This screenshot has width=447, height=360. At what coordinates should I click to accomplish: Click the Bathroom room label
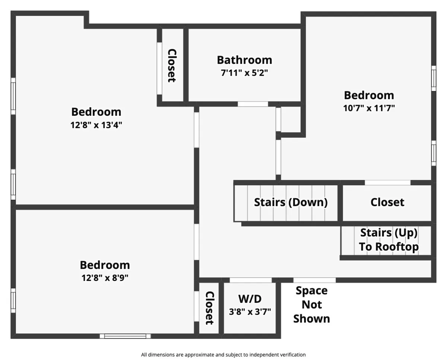pyautogui.click(x=244, y=60)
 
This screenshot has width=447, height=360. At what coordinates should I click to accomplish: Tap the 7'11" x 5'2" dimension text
pyautogui.click(x=244, y=73)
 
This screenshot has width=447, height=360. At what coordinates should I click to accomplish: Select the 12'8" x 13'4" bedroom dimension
pyautogui.click(x=96, y=125)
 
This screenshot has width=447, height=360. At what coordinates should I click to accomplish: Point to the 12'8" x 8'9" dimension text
pyautogui.click(x=105, y=278)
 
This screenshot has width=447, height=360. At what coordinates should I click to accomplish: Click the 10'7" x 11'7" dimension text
pyautogui.click(x=369, y=108)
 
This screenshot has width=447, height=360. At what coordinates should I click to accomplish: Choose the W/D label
pyautogui.click(x=250, y=299)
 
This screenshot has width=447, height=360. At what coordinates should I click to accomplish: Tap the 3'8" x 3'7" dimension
pyautogui.click(x=250, y=311)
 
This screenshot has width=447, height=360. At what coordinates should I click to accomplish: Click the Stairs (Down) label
pyautogui.click(x=291, y=202)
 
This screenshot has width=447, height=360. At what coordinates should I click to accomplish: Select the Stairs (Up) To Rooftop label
pyautogui.click(x=389, y=240)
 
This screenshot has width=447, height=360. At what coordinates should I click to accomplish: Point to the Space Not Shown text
pyautogui.click(x=311, y=304)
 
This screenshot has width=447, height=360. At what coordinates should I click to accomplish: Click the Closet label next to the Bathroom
pyautogui.click(x=171, y=66)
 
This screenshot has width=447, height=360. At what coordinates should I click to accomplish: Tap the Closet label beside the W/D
pyautogui.click(x=210, y=308)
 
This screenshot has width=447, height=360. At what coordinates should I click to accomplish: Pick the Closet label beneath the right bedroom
pyautogui.click(x=387, y=202)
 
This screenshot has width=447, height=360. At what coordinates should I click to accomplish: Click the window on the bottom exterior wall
pyautogui.click(x=125, y=336)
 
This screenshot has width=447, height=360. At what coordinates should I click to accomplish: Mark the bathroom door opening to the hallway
pyautogui.click(x=253, y=104)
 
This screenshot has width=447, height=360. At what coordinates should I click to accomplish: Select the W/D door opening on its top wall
pyautogui.click(x=250, y=280)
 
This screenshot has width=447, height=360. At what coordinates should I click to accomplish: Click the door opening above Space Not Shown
pyautogui.click(x=314, y=280)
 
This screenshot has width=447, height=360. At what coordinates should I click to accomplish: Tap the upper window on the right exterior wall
pyautogui.click(x=434, y=78)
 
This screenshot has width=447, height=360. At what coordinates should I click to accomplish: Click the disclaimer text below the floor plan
pyautogui.click(x=223, y=355)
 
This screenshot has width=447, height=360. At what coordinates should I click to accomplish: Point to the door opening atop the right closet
pyautogui.click(x=387, y=183)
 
